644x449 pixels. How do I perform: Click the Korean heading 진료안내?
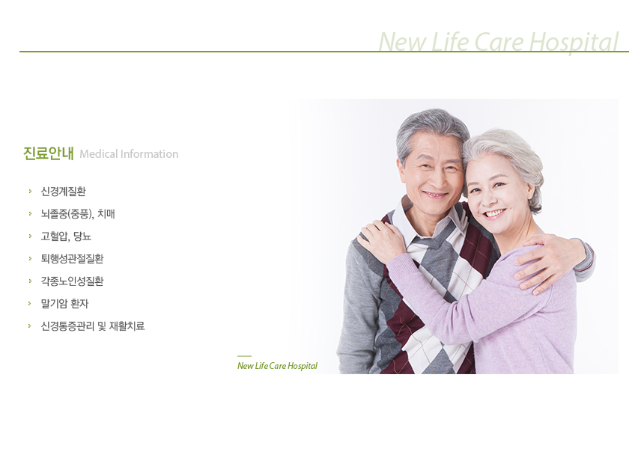click(49, 153)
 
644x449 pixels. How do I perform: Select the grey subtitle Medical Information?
click(129, 154)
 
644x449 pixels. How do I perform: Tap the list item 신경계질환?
click(63, 192)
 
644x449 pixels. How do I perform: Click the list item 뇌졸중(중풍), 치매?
click(78, 214)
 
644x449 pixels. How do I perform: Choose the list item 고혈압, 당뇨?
click(66, 236)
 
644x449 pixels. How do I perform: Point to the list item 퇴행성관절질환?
click(72, 259)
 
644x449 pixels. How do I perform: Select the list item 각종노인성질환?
click(72, 281)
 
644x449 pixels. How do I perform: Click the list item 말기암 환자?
click(64, 304)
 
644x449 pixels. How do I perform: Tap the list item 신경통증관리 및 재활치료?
click(92, 326)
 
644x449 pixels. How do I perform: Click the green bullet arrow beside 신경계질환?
click(30, 192)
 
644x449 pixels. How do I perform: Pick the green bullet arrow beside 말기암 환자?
click(30, 303)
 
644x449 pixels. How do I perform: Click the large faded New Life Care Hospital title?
click(498, 42)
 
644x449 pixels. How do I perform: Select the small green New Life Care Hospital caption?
click(277, 366)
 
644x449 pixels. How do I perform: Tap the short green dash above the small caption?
click(244, 356)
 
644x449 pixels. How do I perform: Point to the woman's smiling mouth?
click(494, 214)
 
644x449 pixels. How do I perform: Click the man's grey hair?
click(431, 123)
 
